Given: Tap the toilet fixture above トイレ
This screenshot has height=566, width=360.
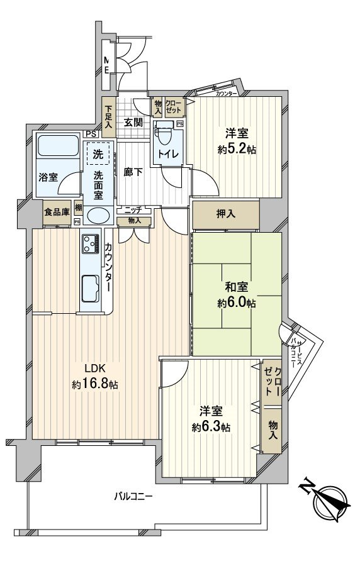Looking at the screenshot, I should (166, 135).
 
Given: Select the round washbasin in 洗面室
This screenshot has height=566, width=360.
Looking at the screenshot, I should (97, 216).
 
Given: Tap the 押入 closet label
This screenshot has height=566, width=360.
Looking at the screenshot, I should (227, 214).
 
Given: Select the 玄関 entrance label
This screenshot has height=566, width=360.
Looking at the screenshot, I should (132, 122).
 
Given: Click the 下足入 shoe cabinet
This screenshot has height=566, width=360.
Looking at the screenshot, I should (109, 116).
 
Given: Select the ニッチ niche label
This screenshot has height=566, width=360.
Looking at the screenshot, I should (133, 209).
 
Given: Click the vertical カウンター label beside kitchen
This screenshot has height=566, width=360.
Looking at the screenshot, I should (109, 267).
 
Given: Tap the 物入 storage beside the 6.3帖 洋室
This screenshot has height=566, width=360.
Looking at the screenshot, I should (273, 431).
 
